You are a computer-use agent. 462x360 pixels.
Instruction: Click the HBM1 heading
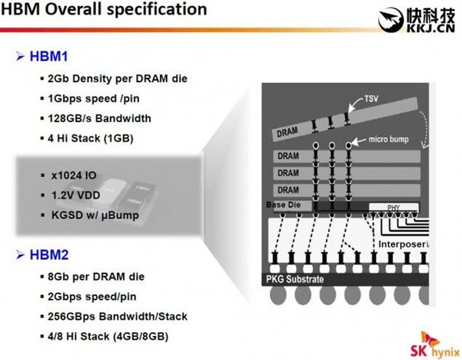click(49, 56)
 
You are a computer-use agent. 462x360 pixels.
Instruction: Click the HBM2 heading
click(49, 254)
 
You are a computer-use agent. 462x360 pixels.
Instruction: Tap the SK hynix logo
click(435, 345)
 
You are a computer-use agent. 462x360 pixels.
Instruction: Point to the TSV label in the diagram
click(371, 98)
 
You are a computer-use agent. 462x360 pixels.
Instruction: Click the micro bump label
click(389, 139)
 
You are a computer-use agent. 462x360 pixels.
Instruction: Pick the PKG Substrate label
click(295, 279)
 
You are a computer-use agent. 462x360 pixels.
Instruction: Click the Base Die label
click(283, 205)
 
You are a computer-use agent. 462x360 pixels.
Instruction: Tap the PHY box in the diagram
click(394, 208)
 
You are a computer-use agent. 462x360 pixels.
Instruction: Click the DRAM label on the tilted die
click(287, 132)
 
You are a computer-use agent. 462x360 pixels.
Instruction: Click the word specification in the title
click(157, 9)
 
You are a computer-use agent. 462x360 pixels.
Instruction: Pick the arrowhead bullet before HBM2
click(20, 254)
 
